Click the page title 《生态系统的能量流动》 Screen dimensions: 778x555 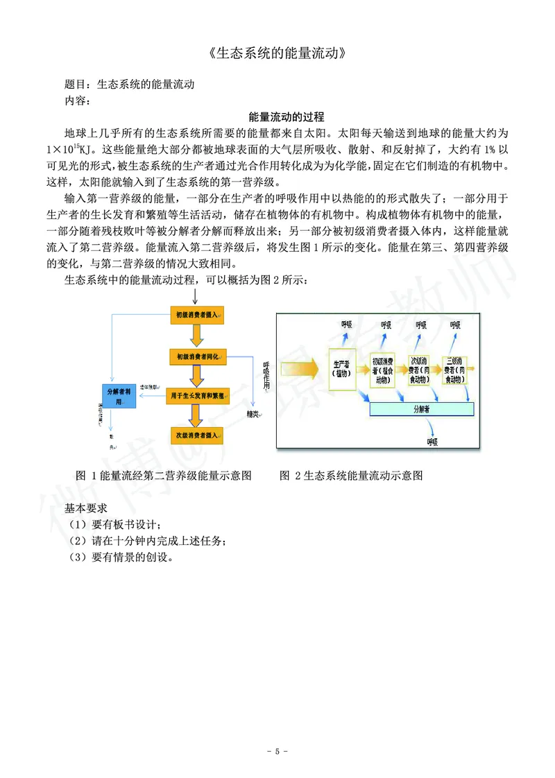(x=277, y=53)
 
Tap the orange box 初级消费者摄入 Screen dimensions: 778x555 (x=198, y=315)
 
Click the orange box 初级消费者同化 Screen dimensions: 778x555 (x=198, y=356)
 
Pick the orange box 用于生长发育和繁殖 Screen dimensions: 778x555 (x=198, y=396)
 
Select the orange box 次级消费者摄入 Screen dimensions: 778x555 (x=198, y=435)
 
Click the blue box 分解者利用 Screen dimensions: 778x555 (x=119, y=396)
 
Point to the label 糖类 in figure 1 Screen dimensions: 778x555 (x=253, y=414)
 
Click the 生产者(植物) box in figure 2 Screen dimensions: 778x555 (x=341, y=368)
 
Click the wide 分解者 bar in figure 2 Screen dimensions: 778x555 (x=422, y=409)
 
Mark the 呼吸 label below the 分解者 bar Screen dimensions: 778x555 (x=433, y=442)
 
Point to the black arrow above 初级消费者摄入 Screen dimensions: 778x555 (x=197, y=296)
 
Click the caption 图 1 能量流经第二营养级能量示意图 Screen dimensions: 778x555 (x=164, y=476)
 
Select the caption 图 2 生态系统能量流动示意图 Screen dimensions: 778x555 (x=351, y=476)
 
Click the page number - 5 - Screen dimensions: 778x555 (x=277, y=752)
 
